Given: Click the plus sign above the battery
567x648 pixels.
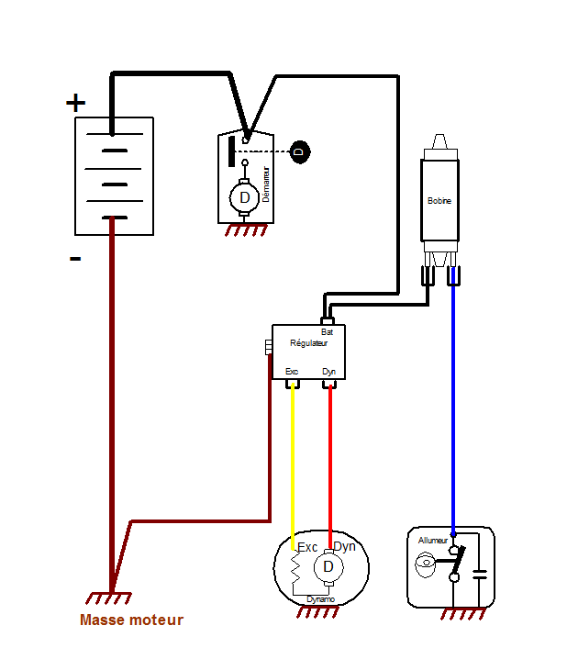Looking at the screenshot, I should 75,102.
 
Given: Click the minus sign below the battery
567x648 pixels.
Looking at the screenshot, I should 75,260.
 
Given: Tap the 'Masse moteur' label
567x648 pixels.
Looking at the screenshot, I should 131,620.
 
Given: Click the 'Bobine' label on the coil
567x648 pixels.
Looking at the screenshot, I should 439,200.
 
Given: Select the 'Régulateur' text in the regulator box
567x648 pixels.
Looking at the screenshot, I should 308,343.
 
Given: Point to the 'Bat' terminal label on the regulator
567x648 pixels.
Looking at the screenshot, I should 327,331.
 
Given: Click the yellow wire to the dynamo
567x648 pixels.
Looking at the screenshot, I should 293,459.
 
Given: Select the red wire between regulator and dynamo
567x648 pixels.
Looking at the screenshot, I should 330,459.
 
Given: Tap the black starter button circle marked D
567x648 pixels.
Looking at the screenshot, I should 299,151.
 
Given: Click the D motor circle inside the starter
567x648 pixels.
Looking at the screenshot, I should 244,197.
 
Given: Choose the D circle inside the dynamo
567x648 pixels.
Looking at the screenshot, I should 328,568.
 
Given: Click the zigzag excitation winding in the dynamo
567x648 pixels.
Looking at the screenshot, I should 296,571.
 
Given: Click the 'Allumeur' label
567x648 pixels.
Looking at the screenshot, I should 433,541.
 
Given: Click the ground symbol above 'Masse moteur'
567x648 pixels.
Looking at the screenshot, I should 114,598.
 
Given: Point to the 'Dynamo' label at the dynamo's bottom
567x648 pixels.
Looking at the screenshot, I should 320,599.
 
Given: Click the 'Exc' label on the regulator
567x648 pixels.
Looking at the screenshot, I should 293,372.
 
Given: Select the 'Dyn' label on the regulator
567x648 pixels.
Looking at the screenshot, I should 329,372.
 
